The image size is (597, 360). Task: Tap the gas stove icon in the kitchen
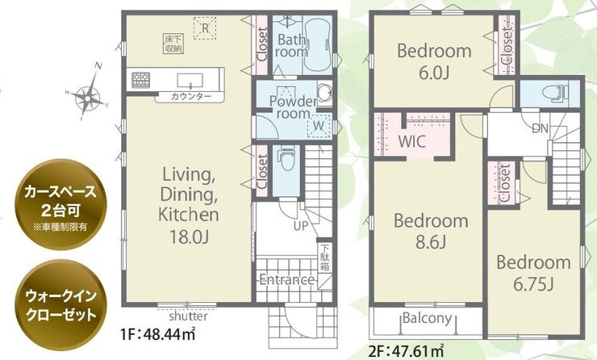[140, 80]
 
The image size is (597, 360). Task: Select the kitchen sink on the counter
[190, 80]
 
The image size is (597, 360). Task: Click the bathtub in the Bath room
[317, 44]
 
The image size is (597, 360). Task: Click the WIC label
[412, 142]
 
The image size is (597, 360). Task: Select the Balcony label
[428, 318]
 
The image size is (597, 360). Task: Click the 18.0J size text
[189, 237]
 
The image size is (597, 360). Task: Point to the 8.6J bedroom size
[431, 241]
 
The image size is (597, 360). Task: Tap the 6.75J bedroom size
[533, 283]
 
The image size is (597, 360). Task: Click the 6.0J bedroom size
[434, 73]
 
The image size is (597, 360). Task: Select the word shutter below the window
[188, 316]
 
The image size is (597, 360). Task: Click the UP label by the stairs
[300, 226]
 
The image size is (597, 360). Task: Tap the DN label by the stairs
[540, 128]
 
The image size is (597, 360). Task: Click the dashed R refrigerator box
[205, 27]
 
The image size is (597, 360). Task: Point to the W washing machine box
[319, 124]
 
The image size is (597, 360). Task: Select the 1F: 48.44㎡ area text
[157, 334]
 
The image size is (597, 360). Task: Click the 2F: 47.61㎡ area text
[407, 350]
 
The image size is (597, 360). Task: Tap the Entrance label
[286, 280]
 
